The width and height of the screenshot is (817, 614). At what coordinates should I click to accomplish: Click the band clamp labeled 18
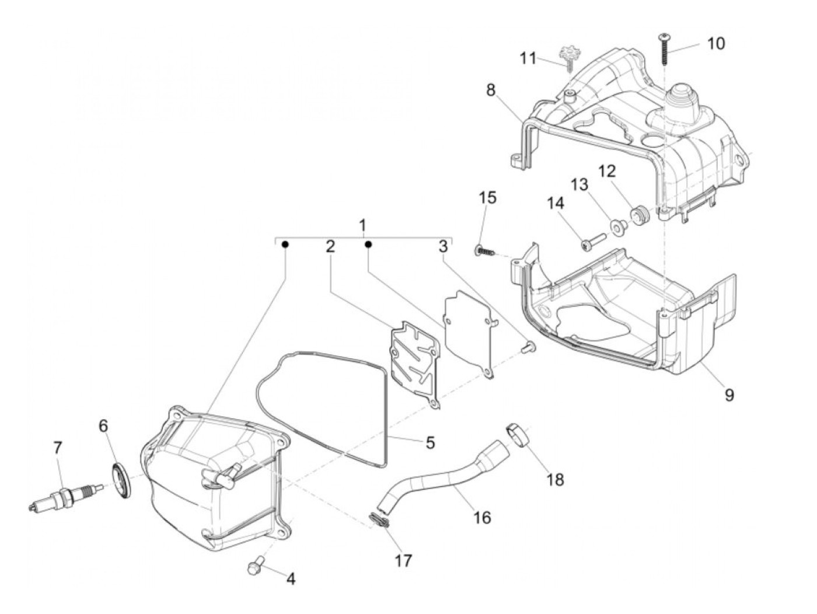pyautogui.click(x=518, y=435)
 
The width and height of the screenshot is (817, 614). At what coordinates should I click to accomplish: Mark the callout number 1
pyautogui.click(x=362, y=225)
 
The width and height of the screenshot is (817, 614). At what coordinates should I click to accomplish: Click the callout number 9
pyautogui.click(x=729, y=396)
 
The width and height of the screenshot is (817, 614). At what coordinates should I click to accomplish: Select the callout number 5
pyautogui.click(x=430, y=442)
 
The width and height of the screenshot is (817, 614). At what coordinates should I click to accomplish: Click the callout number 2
pyautogui.click(x=330, y=246)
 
